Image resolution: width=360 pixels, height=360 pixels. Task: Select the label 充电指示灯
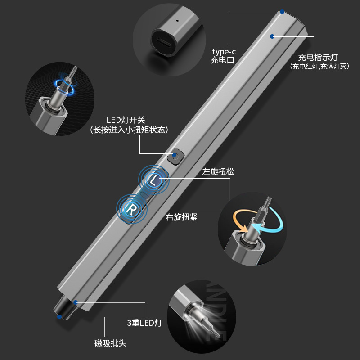click(x=318, y=58)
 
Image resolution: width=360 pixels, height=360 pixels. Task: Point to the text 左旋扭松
click(x=218, y=172)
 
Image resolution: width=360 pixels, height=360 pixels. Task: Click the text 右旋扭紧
click(x=181, y=217)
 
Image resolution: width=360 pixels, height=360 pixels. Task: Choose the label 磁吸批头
click(x=110, y=343)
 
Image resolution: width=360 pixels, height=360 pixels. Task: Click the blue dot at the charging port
click(x=282, y=12)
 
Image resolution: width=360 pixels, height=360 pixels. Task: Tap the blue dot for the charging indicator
click(x=272, y=36)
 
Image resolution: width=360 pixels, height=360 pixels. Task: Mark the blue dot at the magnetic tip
click(x=59, y=317)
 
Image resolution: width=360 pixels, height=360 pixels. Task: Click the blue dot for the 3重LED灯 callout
click(x=76, y=302)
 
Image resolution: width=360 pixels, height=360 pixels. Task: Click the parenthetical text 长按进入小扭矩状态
click(x=129, y=130)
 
